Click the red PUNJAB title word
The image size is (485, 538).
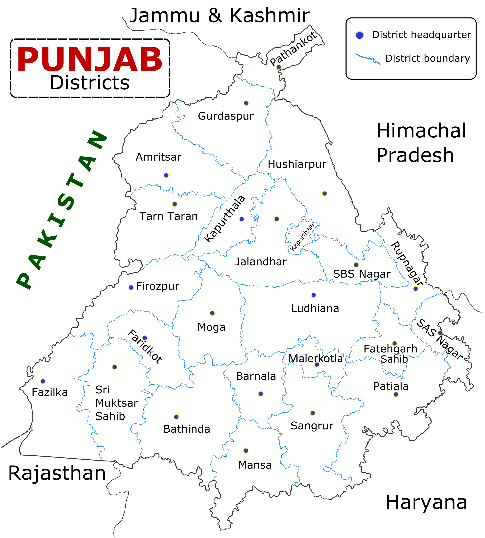click(x=90, y=60)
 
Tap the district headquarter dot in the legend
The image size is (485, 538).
click(x=360, y=35)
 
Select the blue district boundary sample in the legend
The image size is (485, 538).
click(x=368, y=58)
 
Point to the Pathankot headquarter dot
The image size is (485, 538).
click(x=278, y=67)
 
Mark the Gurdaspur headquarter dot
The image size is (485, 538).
click(x=246, y=103)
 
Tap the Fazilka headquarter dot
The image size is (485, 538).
click(x=43, y=381)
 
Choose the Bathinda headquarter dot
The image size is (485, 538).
click(x=176, y=417)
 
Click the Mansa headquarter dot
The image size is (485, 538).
click(x=246, y=450)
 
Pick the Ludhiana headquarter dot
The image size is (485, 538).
click(x=314, y=295)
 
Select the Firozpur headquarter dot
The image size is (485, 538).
click(x=131, y=287)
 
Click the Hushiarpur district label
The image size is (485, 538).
click(x=297, y=164)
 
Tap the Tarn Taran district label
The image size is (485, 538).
click(x=169, y=216)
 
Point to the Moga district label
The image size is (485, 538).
click(x=211, y=327)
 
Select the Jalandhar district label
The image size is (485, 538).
click(x=261, y=262)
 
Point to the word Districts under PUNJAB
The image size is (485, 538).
click(x=90, y=83)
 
